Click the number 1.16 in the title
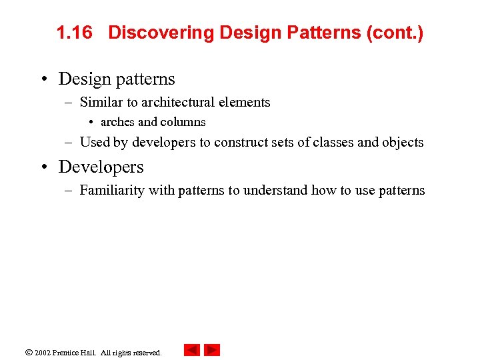coord(74,33)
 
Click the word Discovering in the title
coord(161,33)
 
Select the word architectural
coord(186,102)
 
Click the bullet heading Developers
coord(101,167)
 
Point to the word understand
coord(275,190)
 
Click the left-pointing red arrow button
coord(192,350)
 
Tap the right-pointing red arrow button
coord(212,350)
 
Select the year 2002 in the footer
coord(43,352)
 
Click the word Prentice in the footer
coord(68,352)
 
